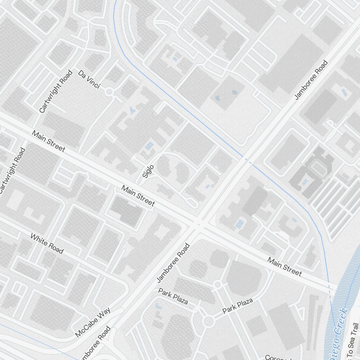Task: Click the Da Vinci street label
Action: [x=89, y=80]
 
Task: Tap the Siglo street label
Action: [x=148, y=171]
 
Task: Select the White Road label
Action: [x=47, y=244]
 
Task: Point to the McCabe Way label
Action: [x=93, y=322]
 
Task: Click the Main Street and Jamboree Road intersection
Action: [x=197, y=224]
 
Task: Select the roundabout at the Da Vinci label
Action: [x=110, y=93]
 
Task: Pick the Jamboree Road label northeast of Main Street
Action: [x=311, y=80]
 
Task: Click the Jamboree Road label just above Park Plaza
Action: [x=173, y=263]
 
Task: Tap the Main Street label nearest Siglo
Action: [x=138, y=196]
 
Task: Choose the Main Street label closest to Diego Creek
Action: [x=284, y=267]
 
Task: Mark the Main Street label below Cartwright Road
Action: [x=49, y=141]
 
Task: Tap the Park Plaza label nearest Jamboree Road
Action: [x=173, y=296]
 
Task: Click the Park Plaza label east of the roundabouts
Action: [x=238, y=306]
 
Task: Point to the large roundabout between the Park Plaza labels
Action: [x=208, y=320]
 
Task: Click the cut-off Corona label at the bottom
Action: [x=277, y=357]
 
